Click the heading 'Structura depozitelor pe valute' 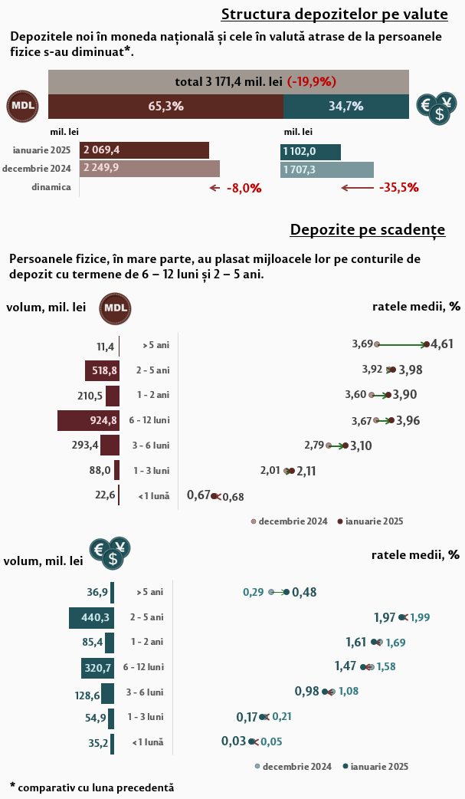pos(334,14)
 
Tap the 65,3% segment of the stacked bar pos(165,107)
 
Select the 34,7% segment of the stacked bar pos(345,107)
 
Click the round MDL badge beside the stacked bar pos(22,107)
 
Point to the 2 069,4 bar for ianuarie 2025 pos(144,150)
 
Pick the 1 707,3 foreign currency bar pos(327,169)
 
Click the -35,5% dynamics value pos(398,187)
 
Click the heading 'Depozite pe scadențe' pos(368,230)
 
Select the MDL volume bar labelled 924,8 pos(89,420)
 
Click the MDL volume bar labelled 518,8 pos(103,371)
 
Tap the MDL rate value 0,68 pos(233,497)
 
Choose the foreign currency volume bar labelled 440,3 pos(92,617)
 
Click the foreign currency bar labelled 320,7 pos(98,668)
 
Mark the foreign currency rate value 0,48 pos(304,592)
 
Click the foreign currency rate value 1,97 pos(385,617)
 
